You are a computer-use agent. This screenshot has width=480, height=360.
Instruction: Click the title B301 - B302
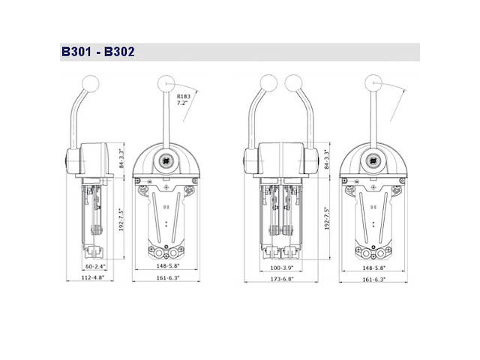tap(97, 52)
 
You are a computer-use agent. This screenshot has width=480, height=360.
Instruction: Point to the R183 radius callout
tap(184, 96)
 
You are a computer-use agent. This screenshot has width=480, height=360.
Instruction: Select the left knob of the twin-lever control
tap(266, 81)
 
